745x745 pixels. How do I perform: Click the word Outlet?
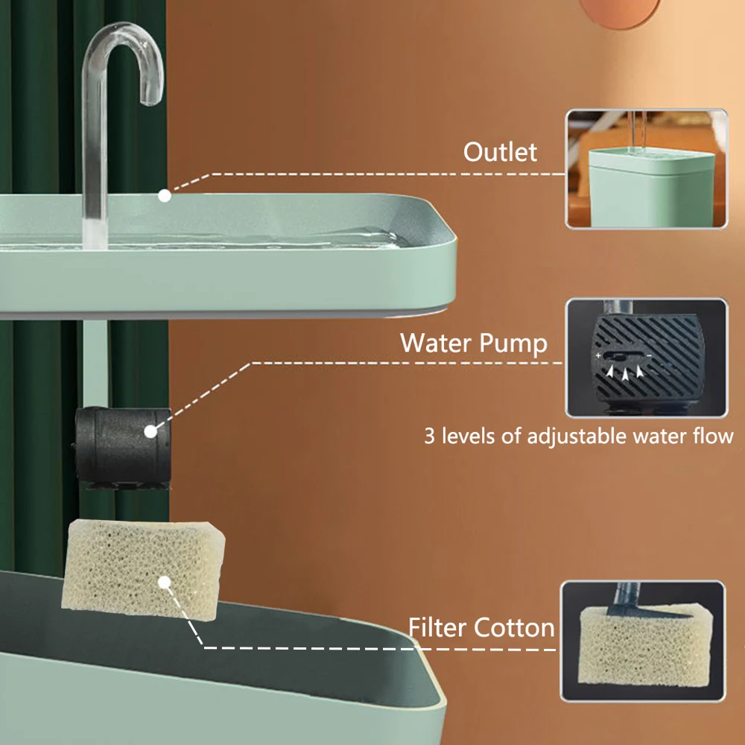tap(500, 152)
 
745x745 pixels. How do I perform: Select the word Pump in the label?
tap(516, 343)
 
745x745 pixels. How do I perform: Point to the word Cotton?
tap(519, 627)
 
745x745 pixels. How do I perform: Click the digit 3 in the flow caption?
tap(429, 436)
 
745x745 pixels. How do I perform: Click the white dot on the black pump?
tap(150, 431)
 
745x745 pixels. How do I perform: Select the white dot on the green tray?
tap(165, 196)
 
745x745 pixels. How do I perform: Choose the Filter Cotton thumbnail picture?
tap(643, 641)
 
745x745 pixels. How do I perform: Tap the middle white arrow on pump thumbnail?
tap(625, 371)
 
